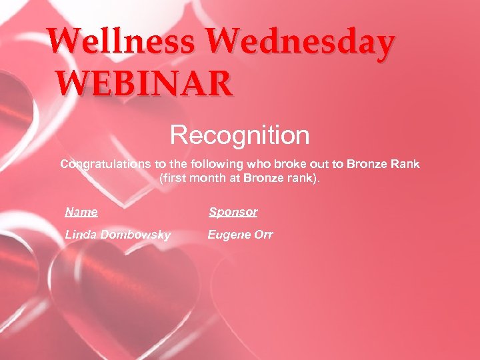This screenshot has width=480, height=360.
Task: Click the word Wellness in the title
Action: coord(122,43)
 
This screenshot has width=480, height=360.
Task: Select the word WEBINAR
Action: coord(145,84)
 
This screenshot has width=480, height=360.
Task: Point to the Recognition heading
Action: coord(240,135)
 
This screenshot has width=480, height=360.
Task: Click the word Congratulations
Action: coord(104,164)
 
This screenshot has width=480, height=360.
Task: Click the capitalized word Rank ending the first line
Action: coord(405,164)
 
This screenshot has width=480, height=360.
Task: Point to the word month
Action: coord(207,179)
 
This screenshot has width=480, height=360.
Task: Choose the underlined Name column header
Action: coord(81,212)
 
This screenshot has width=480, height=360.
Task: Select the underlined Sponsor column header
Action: coord(233,212)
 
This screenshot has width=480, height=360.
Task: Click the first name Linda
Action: coord(80,235)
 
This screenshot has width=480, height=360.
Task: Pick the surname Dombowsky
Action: coord(134,235)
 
